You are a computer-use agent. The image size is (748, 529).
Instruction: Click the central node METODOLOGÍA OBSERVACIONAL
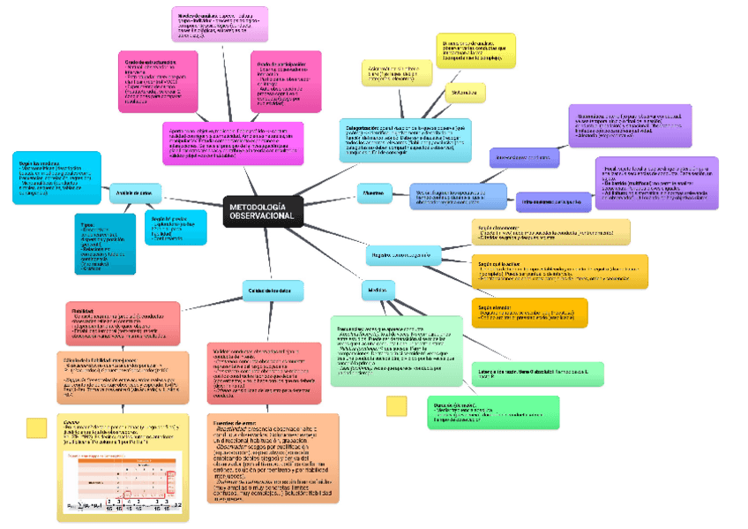click(x=262, y=211)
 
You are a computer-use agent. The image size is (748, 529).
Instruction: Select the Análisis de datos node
click(x=133, y=193)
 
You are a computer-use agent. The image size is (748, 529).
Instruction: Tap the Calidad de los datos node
click(x=273, y=290)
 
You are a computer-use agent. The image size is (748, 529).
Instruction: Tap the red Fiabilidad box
click(x=123, y=322)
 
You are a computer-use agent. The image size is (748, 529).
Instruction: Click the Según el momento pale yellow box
click(x=550, y=231)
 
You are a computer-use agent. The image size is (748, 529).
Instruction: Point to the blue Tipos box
click(x=105, y=244)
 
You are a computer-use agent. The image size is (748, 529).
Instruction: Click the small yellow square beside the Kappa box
click(x=37, y=427)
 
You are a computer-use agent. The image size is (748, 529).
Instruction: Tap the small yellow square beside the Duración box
click(x=397, y=405)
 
